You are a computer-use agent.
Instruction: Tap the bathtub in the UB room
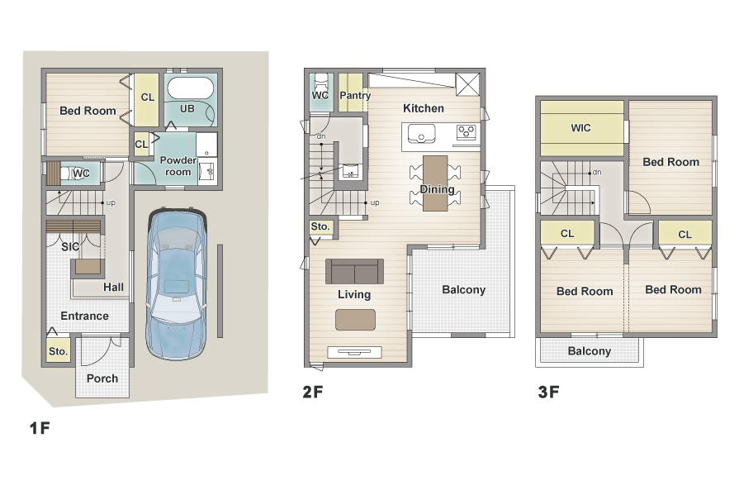191,88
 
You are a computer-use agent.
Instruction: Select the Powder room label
178,166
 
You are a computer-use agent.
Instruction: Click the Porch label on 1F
102,378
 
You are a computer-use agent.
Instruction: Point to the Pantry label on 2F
355,95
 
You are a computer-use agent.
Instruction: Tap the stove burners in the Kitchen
467,131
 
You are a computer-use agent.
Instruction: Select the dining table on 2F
435,183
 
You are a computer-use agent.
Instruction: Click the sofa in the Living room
354,271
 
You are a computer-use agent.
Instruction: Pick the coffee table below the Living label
355,320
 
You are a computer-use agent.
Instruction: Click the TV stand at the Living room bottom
354,352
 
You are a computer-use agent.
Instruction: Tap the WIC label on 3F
580,128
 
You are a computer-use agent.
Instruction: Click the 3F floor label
548,392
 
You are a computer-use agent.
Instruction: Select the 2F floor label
313,392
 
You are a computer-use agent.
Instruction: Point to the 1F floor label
40,428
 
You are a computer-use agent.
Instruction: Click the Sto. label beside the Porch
58,351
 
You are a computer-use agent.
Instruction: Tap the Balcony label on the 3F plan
589,351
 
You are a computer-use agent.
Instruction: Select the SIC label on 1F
70,246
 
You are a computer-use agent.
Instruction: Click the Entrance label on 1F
85,316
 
